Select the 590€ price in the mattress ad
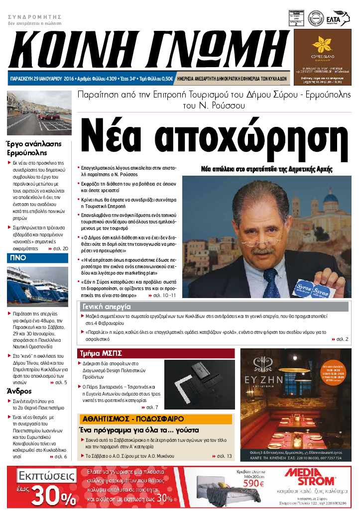coord(253,483)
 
